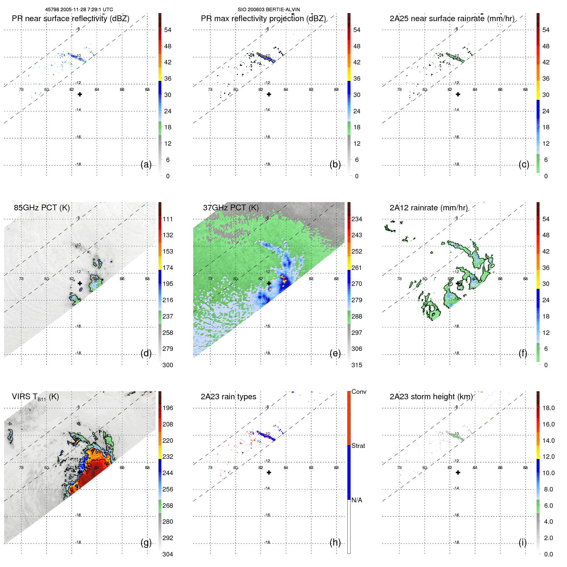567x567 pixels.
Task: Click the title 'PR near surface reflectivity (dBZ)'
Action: [70, 19]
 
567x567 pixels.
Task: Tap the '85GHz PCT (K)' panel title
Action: [42, 208]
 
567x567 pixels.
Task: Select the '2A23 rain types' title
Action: [228, 397]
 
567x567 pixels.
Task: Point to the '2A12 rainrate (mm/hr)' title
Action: [428, 208]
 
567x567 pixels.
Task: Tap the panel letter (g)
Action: [146, 542]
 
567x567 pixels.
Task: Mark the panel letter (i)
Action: [522, 542]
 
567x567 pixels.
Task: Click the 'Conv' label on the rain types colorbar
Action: [359, 392]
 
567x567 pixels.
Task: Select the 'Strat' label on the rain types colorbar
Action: [358, 446]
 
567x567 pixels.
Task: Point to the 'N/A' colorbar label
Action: [357, 500]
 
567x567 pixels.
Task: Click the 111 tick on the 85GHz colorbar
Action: [167, 219]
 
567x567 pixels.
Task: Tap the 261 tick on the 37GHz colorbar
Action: [357, 268]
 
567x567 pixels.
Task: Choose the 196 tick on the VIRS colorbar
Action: [167, 408]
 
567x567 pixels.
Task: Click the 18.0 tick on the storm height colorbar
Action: [548, 408]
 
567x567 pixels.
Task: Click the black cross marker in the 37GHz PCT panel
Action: [269, 283]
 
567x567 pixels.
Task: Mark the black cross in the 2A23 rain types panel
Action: [269, 472]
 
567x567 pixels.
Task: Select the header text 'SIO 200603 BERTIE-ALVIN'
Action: [269, 10]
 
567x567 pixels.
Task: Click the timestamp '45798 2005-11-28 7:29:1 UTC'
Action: [79, 10]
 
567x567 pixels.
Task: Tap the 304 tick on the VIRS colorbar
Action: [167, 554]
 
